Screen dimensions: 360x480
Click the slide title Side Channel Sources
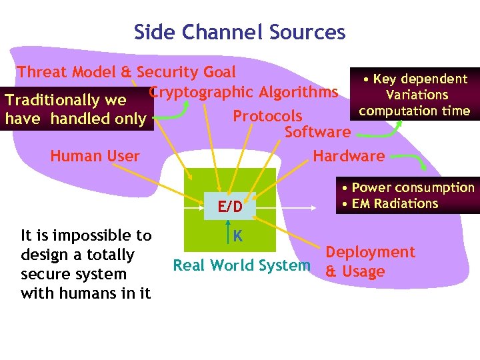239,32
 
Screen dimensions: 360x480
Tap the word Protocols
267,117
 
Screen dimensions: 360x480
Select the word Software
317,132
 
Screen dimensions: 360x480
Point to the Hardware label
349,156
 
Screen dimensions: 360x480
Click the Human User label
95,156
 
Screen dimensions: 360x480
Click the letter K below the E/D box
237,235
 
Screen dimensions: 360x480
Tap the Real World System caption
241,265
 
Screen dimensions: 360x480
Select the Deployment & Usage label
369,261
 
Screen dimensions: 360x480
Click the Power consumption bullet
412,188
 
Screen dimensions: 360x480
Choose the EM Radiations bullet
393,203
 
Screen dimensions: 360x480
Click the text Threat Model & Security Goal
126,72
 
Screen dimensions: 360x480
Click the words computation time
414,111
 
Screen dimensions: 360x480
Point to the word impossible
88,235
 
